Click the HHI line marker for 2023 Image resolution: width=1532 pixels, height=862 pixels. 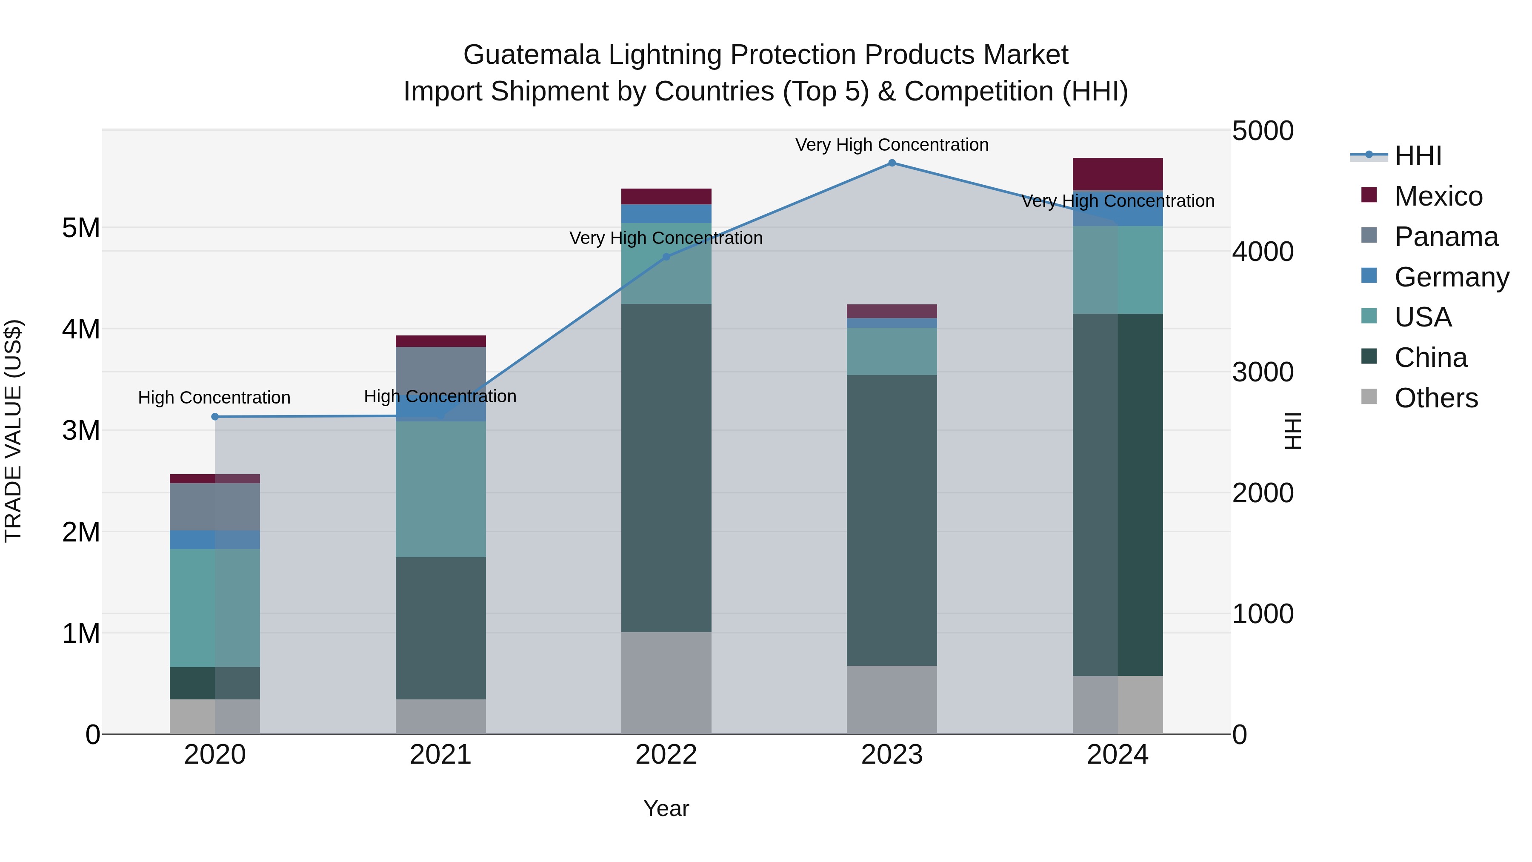coord(892,163)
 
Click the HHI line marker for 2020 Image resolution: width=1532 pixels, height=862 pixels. coord(215,417)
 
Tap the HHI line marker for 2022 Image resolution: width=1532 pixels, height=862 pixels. coord(666,257)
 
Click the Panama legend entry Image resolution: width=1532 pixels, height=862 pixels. coord(1445,237)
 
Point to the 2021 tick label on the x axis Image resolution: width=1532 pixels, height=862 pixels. coord(440,755)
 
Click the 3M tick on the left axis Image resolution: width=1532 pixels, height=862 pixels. coord(81,430)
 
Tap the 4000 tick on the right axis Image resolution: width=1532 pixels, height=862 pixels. coord(1262,252)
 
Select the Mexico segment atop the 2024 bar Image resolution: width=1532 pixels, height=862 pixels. coord(1118,174)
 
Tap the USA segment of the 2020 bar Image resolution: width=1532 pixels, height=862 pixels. coord(215,607)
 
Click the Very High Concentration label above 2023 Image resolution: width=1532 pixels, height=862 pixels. coord(892,145)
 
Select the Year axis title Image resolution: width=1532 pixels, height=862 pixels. coord(666,808)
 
